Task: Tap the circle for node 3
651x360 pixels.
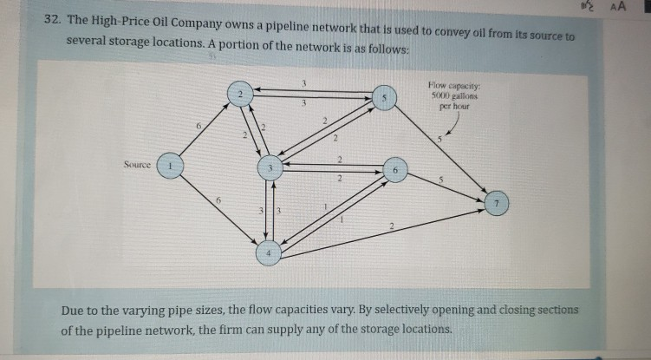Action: tap(270, 167)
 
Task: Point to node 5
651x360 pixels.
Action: tap(383, 99)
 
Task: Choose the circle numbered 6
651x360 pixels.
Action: tap(394, 171)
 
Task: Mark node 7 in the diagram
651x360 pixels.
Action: tap(497, 201)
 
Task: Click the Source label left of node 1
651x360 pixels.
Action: tap(137, 164)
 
